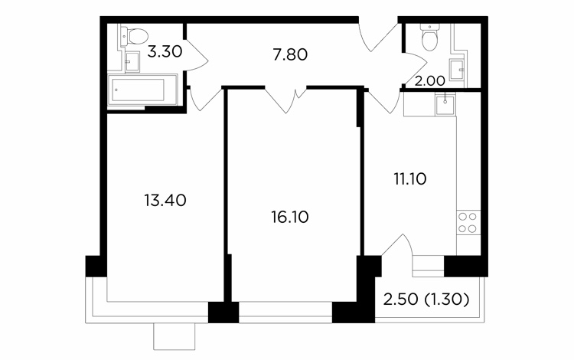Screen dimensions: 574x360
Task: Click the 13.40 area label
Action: pos(165,201)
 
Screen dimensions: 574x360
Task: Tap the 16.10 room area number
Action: pos(290,218)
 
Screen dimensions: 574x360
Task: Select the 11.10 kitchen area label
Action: pos(410,179)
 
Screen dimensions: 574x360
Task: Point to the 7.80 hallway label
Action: pos(290,55)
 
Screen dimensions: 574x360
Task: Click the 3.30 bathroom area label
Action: pos(165,51)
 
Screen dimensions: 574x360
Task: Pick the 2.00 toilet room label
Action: pos(430,81)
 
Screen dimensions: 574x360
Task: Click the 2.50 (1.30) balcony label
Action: pos(426,300)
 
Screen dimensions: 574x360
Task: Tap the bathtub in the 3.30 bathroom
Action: pos(142,90)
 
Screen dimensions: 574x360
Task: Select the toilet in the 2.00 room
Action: pos(430,38)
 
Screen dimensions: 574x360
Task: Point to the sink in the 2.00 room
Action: pos(456,70)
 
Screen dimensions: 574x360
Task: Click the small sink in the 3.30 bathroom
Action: pos(132,61)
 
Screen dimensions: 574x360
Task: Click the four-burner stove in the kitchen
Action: pos(468,222)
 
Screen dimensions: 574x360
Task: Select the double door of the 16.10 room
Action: pos(285,100)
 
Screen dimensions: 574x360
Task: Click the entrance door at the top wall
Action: pos(378,36)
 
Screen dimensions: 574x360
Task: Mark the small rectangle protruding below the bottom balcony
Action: pos(174,336)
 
